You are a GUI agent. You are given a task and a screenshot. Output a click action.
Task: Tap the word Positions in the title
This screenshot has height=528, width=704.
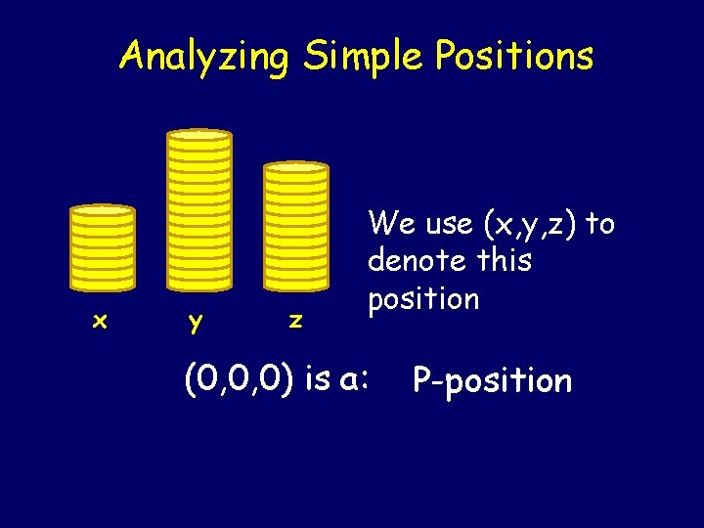[513, 57]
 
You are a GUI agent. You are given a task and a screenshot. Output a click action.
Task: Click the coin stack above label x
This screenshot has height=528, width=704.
[102, 249]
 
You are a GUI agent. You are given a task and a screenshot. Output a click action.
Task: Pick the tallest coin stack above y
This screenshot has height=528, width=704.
[199, 210]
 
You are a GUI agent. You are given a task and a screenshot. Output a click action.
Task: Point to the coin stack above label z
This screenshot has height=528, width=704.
[296, 227]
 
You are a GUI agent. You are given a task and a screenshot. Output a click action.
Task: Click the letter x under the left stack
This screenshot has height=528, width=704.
[99, 320]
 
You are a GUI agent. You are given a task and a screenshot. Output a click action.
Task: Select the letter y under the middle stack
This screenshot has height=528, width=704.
[197, 322]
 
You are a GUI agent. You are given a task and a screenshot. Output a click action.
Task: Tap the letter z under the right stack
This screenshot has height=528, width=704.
[294, 320]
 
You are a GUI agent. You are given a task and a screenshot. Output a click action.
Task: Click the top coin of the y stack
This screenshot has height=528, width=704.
[199, 136]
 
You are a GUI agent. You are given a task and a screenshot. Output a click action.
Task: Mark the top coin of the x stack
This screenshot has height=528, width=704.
[102, 210]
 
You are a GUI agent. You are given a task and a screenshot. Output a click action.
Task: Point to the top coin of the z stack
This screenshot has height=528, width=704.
[296, 167]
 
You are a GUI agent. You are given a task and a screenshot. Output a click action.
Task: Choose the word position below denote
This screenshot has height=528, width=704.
[423, 298]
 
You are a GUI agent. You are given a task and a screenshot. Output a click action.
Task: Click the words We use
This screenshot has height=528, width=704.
[419, 225]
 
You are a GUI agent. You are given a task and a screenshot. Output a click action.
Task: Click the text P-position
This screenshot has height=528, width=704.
[492, 379]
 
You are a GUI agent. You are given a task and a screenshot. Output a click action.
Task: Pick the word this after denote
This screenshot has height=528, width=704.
[501, 261]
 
